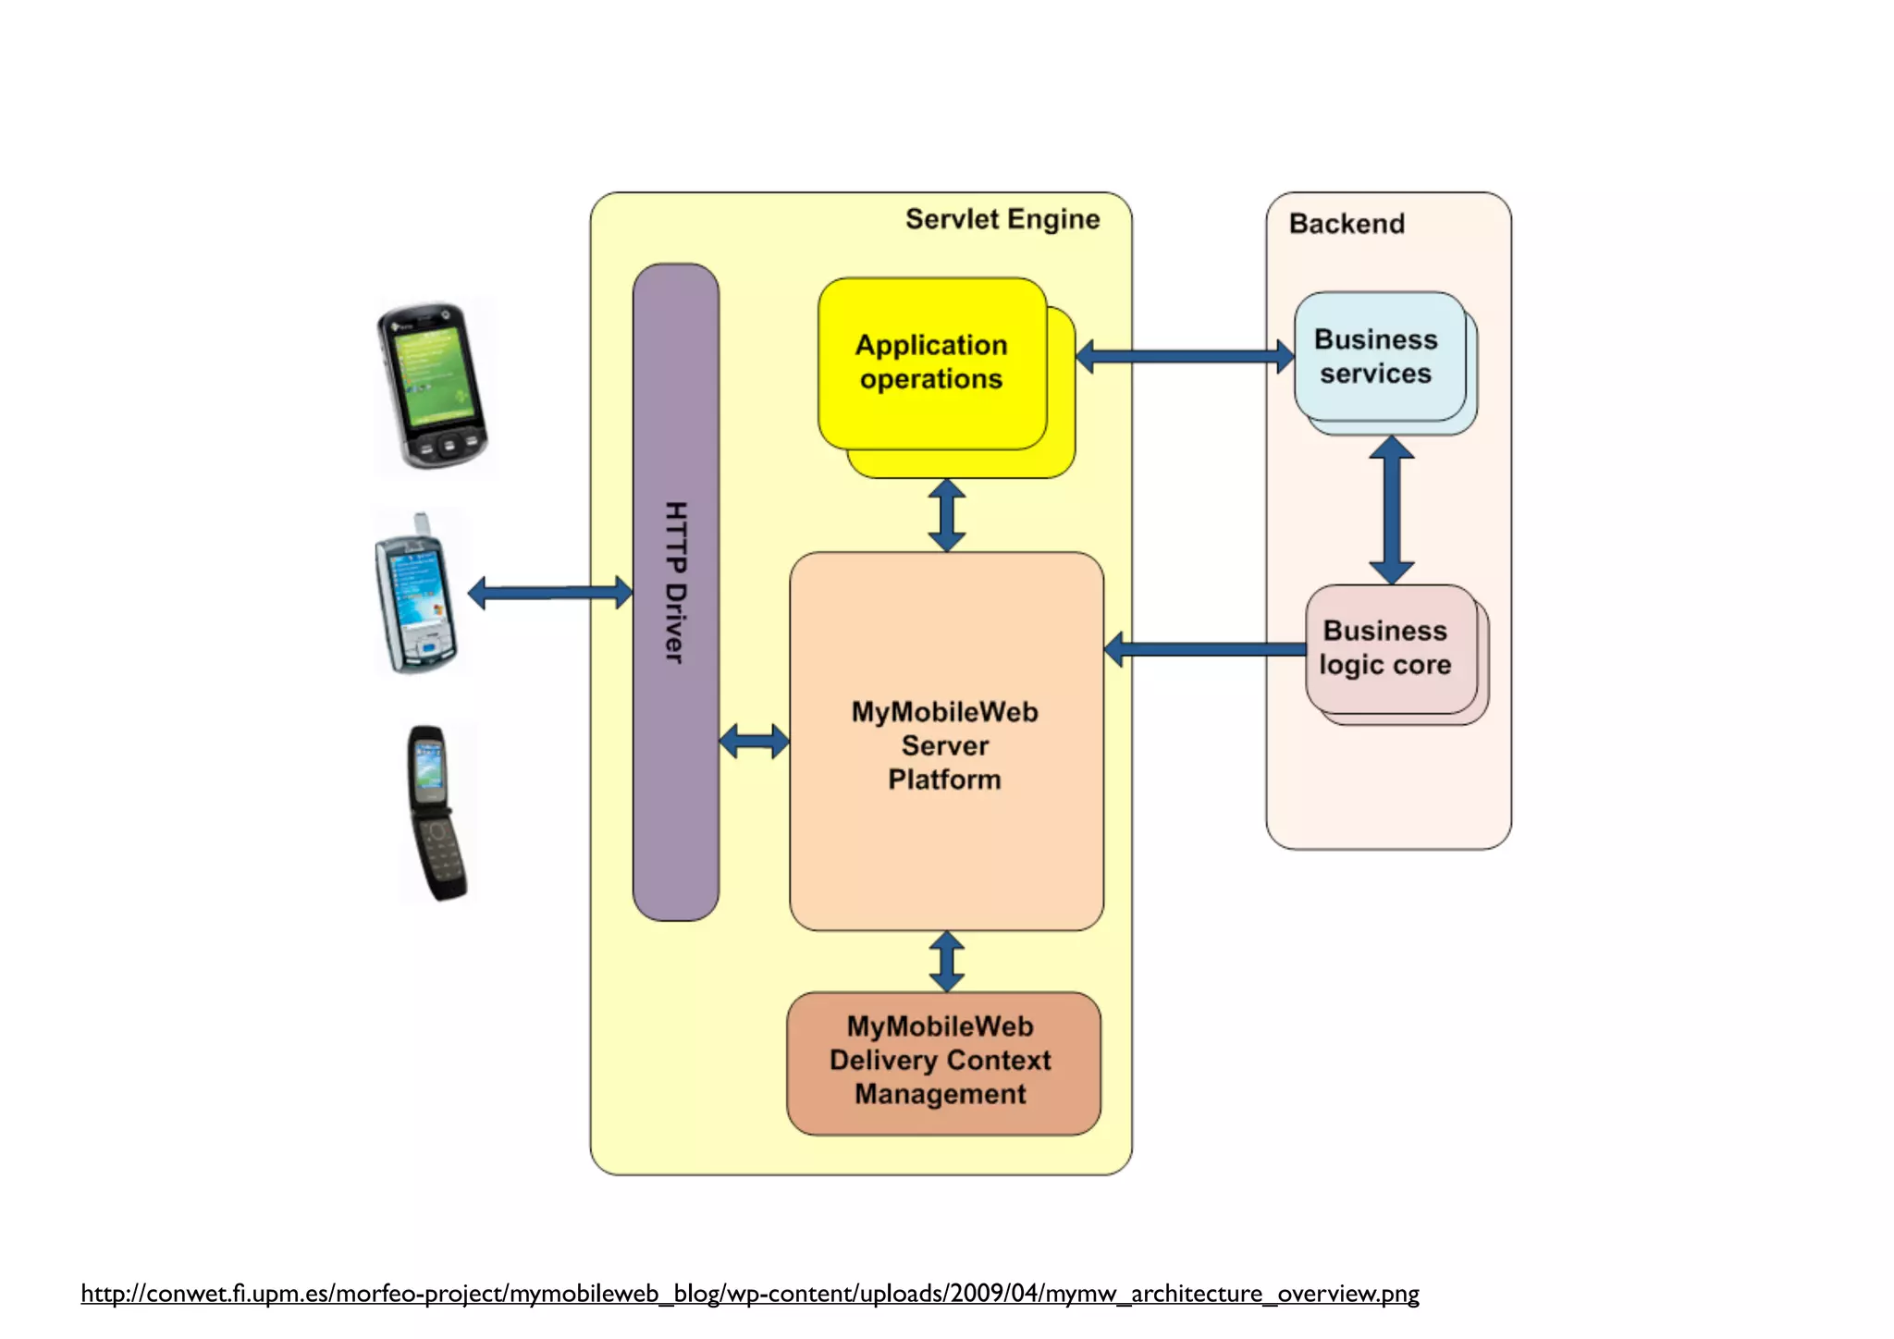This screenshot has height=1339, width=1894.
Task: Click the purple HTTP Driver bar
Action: pyautogui.click(x=675, y=592)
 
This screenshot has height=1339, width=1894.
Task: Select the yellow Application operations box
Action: pyautogui.click(x=931, y=362)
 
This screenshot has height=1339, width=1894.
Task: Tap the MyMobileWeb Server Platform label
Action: pyautogui.click(x=944, y=745)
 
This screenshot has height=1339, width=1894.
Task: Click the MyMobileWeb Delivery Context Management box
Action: pyautogui.click(x=942, y=1062)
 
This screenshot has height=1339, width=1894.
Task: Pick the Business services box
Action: pyautogui.click(x=1378, y=357)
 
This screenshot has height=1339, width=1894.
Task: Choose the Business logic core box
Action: pyautogui.click(x=1388, y=648)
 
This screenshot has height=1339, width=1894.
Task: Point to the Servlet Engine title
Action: pyautogui.click(x=1002, y=219)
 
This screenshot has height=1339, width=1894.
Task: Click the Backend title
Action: pyautogui.click(x=1347, y=224)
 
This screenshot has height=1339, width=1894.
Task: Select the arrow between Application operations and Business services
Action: pyautogui.click(x=1185, y=356)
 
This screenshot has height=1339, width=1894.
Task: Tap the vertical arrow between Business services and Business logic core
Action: pyautogui.click(x=1391, y=510)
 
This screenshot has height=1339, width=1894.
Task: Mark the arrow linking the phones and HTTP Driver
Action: pyautogui.click(x=550, y=592)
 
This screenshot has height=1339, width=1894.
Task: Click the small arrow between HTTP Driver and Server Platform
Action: pyautogui.click(x=754, y=741)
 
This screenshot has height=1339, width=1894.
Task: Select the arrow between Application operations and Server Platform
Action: pyautogui.click(x=946, y=515)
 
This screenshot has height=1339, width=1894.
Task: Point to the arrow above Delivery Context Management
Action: pyautogui.click(x=946, y=961)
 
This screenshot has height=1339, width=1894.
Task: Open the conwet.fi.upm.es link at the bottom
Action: pyautogui.click(x=749, y=1293)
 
